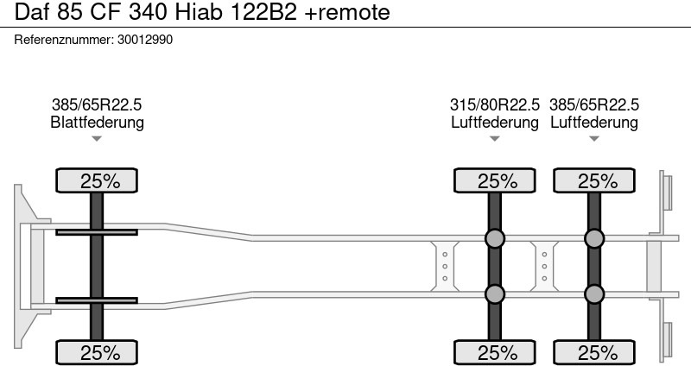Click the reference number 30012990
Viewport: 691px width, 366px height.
tap(145, 40)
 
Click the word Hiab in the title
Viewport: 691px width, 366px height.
tap(199, 12)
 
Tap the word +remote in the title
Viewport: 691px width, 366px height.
tap(347, 12)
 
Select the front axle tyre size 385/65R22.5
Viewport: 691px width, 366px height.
tap(97, 104)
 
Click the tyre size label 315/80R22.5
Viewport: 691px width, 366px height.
tap(494, 104)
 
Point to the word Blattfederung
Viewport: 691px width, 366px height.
tap(97, 122)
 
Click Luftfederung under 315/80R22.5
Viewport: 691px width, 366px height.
tap(494, 122)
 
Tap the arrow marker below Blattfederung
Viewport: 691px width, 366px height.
tap(97, 139)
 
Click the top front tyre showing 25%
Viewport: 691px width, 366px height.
tap(97, 180)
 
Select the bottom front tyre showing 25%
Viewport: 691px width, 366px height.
tap(97, 352)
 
